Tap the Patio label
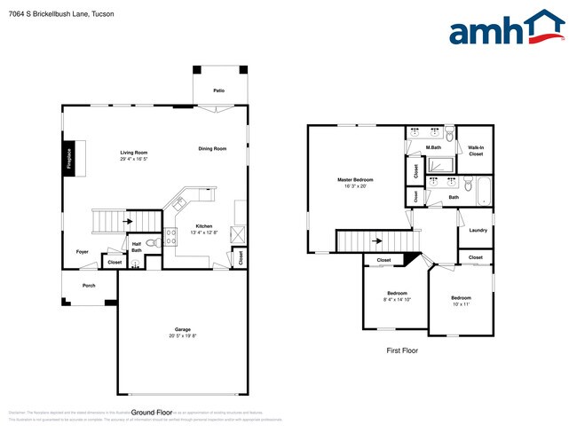click(218, 91)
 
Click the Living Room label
click(134, 153)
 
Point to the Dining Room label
click(212, 148)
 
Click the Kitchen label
click(204, 226)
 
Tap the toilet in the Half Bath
click(151, 241)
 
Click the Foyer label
click(82, 252)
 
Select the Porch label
click(89, 286)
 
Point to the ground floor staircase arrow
click(129, 221)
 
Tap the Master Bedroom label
click(355, 180)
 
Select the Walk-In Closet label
click(476, 151)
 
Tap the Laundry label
click(478, 231)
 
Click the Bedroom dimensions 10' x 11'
click(461, 304)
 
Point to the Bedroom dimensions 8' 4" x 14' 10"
click(397, 300)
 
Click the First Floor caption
click(401, 350)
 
